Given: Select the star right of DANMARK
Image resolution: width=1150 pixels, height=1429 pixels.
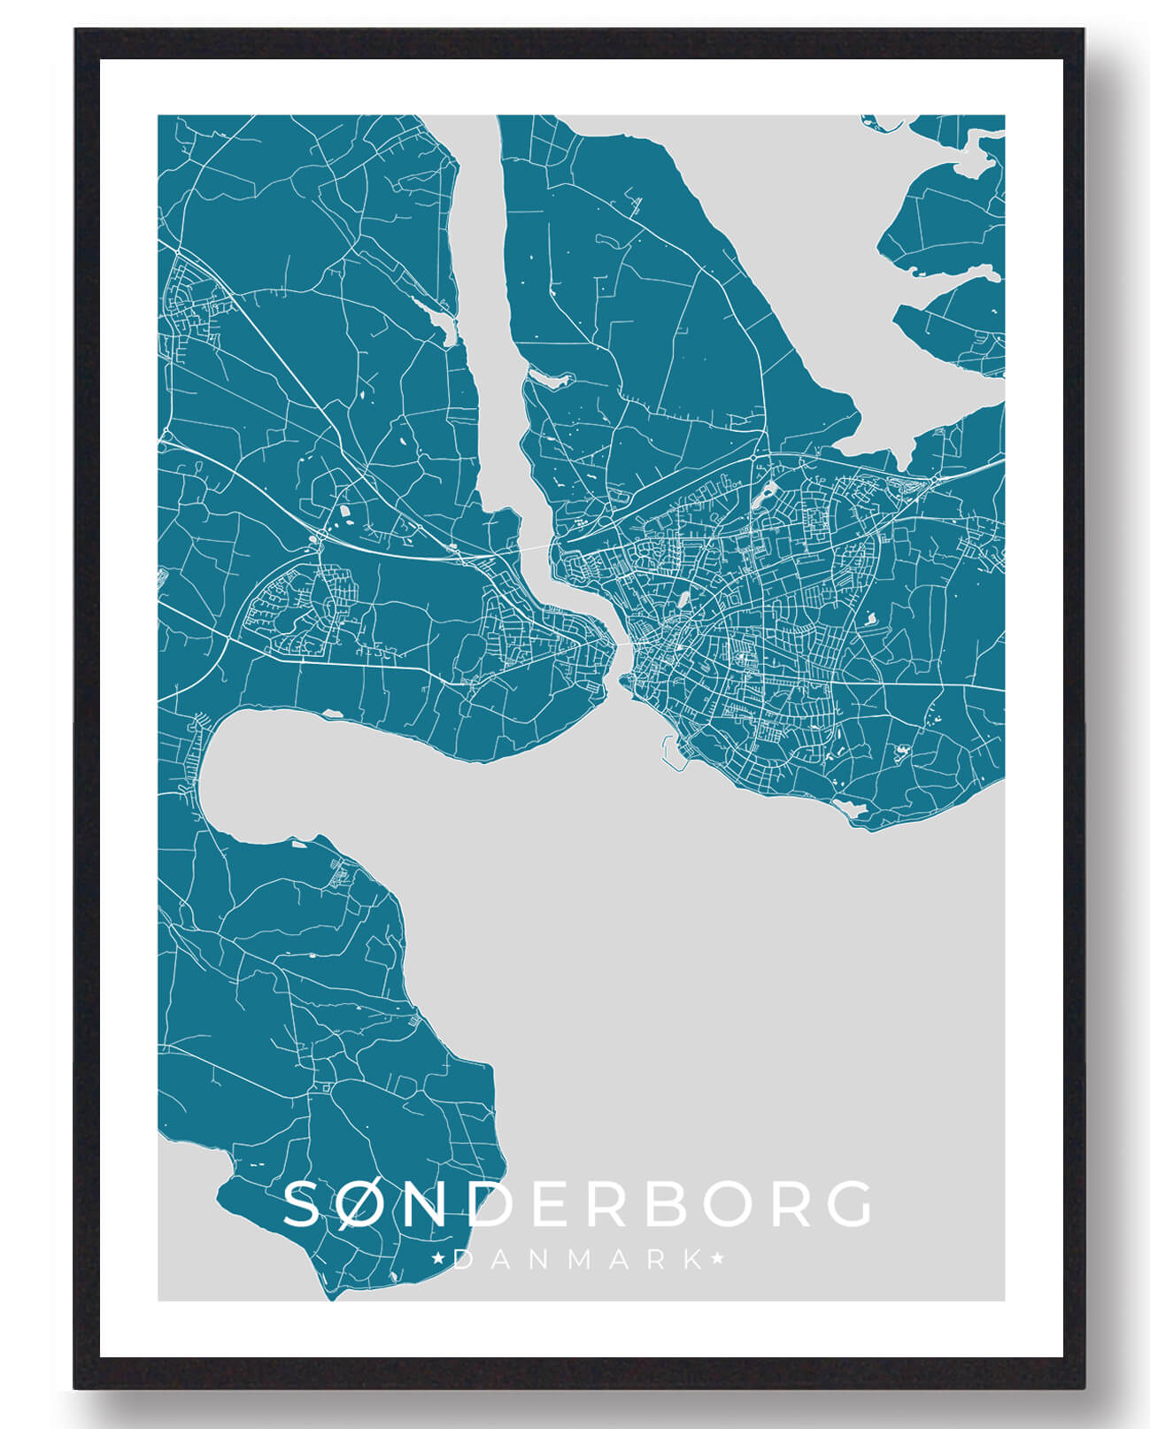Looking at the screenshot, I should tap(717, 1257).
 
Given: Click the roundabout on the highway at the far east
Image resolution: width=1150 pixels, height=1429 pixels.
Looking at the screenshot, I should tap(935, 479).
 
